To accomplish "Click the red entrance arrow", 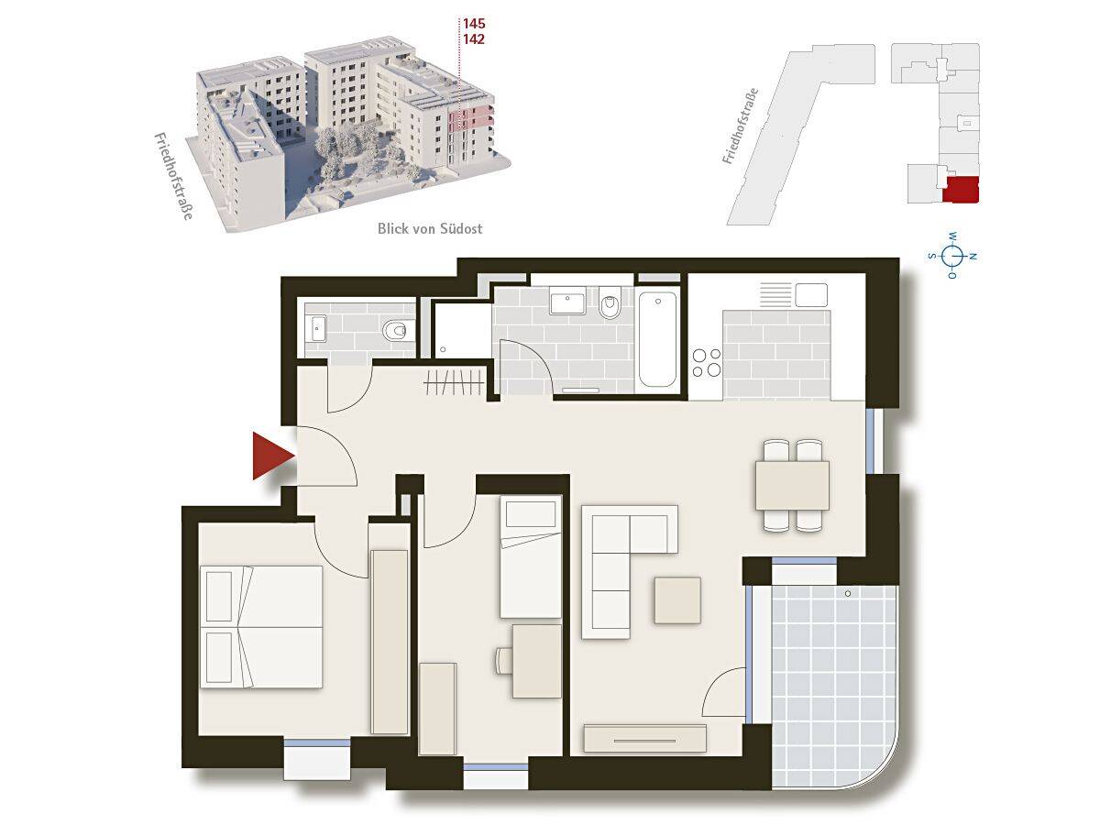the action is click(269, 456).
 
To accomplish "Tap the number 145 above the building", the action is click(474, 24).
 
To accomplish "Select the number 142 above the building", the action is click(474, 39).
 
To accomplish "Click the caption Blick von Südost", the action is click(430, 228).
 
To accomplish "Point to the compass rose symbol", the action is click(952, 256).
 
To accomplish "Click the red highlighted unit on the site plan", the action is click(960, 190).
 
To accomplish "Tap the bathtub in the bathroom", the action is click(657, 339).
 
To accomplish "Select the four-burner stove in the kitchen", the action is click(707, 363).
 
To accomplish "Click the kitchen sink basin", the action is click(811, 295).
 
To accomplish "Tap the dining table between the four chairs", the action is click(792, 486).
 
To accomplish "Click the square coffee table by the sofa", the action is click(677, 600).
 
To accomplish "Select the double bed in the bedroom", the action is click(260, 627).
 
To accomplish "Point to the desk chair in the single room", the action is click(504, 661).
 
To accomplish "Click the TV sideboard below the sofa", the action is click(645, 738).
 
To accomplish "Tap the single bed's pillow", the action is click(531, 515).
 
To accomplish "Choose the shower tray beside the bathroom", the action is click(462, 331).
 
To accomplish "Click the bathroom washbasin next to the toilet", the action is click(567, 301).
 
